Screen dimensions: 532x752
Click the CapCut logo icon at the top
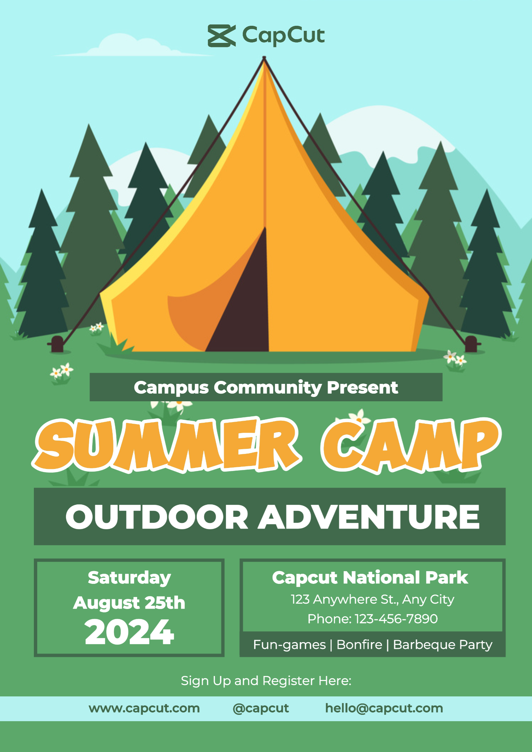click(x=222, y=36)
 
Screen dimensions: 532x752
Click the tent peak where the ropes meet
click(x=264, y=59)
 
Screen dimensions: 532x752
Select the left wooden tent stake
click(x=57, y=344)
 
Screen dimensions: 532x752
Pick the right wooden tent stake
click(x=471, y=344)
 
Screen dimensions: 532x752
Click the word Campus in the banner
click(x=171, y=388)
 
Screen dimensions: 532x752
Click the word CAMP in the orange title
click(x=411, y=445)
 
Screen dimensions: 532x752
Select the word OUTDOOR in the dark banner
click(x=157, y=517)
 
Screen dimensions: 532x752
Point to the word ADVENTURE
click(x=369, y=517)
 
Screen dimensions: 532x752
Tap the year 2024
click(x=129, y=632)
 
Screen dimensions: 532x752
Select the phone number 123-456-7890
click(x=396, y=619)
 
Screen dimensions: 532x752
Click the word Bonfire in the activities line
click(x=359, y=645)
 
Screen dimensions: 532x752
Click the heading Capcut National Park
click(x=370, y=577)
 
